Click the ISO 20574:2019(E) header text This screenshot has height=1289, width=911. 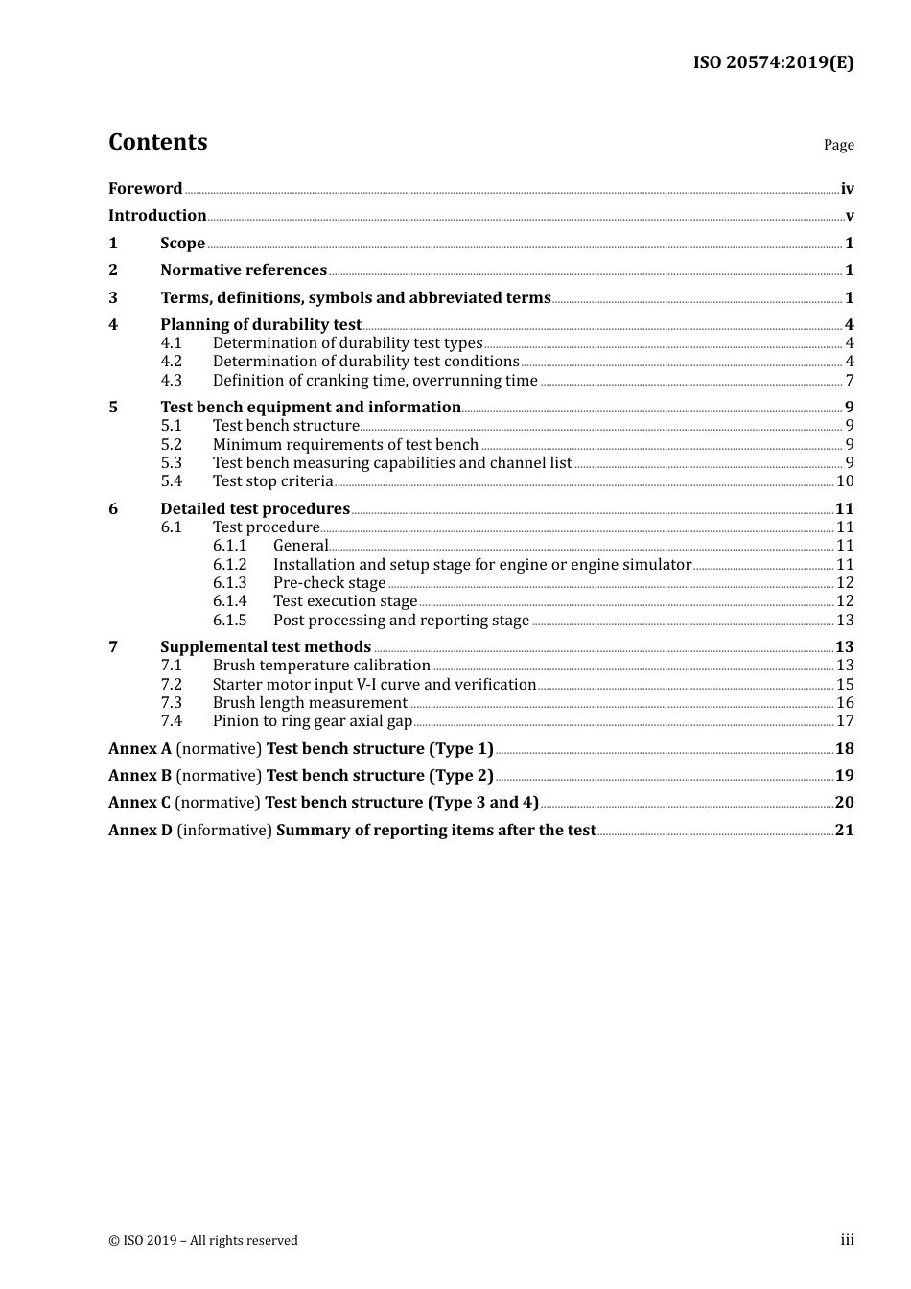[773, 63]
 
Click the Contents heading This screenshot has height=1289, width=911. [157, 142]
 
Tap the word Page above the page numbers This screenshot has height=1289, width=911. [838, 145]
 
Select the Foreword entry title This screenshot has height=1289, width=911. [145, 189]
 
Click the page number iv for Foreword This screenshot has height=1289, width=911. [847, 189]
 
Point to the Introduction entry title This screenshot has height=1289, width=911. [157, 216]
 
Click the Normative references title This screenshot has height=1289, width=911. [244, 270]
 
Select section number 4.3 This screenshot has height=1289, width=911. [171, 381]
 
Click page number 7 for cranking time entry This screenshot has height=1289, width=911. [850, 381]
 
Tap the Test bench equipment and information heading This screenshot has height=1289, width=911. [311, 408]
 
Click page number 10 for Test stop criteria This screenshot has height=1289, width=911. [845, 481]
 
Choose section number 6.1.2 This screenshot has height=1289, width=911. [229, 565]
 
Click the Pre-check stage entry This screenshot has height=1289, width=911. [329, 583]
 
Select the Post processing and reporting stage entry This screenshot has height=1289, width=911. [401, 621]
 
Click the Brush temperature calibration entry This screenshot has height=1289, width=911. [321, 666]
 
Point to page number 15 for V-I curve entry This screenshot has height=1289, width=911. [845, 685]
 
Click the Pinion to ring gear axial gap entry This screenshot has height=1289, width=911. [312, 721]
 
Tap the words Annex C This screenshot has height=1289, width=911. [139, 803]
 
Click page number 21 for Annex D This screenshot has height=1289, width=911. [844, 831]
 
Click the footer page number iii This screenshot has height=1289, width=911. [847, 1240]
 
